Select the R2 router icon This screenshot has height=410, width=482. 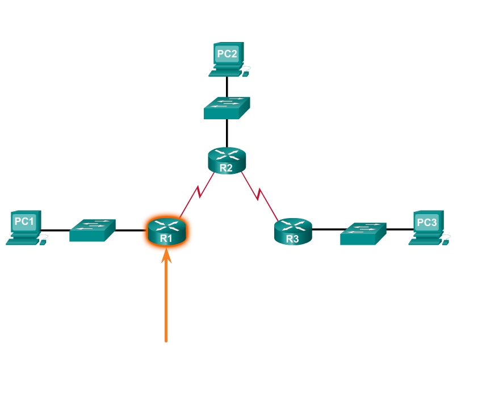[227, 160]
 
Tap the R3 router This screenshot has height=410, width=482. [293, 231]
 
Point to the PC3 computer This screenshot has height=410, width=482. [427, 228]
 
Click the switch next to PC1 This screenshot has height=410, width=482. [93, 231]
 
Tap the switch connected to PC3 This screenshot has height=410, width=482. [363, 233]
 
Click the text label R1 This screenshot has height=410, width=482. [166, 239]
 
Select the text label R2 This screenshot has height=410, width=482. [227, 168]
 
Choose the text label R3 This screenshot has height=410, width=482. [292, 239]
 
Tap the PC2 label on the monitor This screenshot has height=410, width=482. [227, 54]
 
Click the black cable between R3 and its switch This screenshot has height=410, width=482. [326, 230]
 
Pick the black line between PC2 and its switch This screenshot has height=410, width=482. [227, 86]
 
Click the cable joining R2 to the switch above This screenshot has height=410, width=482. [227, 133]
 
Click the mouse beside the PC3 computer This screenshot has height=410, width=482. [446, 242]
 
